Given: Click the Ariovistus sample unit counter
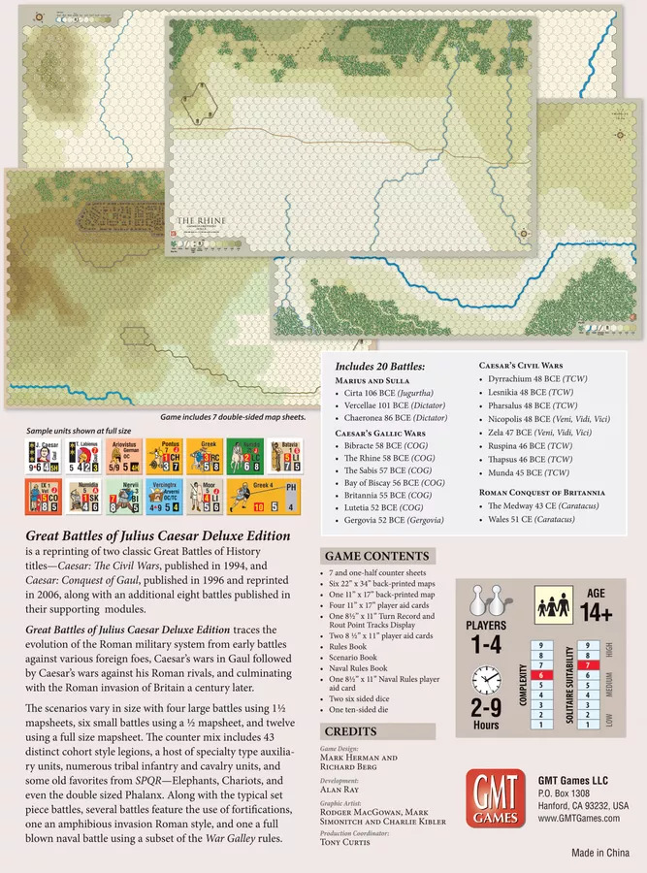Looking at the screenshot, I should point(123,455).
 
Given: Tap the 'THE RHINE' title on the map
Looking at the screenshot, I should point(201,222).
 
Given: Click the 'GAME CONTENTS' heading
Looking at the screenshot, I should point(376,556).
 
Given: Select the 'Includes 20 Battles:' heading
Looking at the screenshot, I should point(379,367).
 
